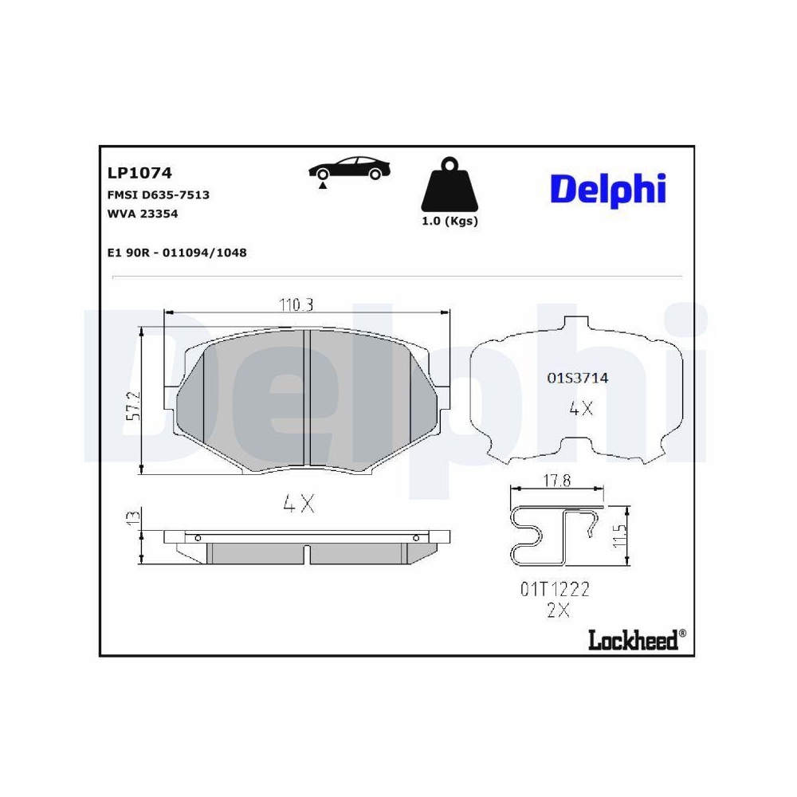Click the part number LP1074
tap(139, 172)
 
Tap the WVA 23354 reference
tap(142, 214)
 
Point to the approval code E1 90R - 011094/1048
tap(176, 253)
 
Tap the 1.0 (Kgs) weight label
tap(450, 222)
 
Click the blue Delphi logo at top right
tap(607, 190)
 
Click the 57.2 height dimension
tap(135, 404)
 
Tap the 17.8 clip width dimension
tap(557, 481)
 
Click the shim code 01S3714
tap(577, 378)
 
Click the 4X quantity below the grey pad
tap(299, 504)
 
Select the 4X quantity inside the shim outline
tap(580, 409)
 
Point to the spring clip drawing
tap(555, 535)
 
